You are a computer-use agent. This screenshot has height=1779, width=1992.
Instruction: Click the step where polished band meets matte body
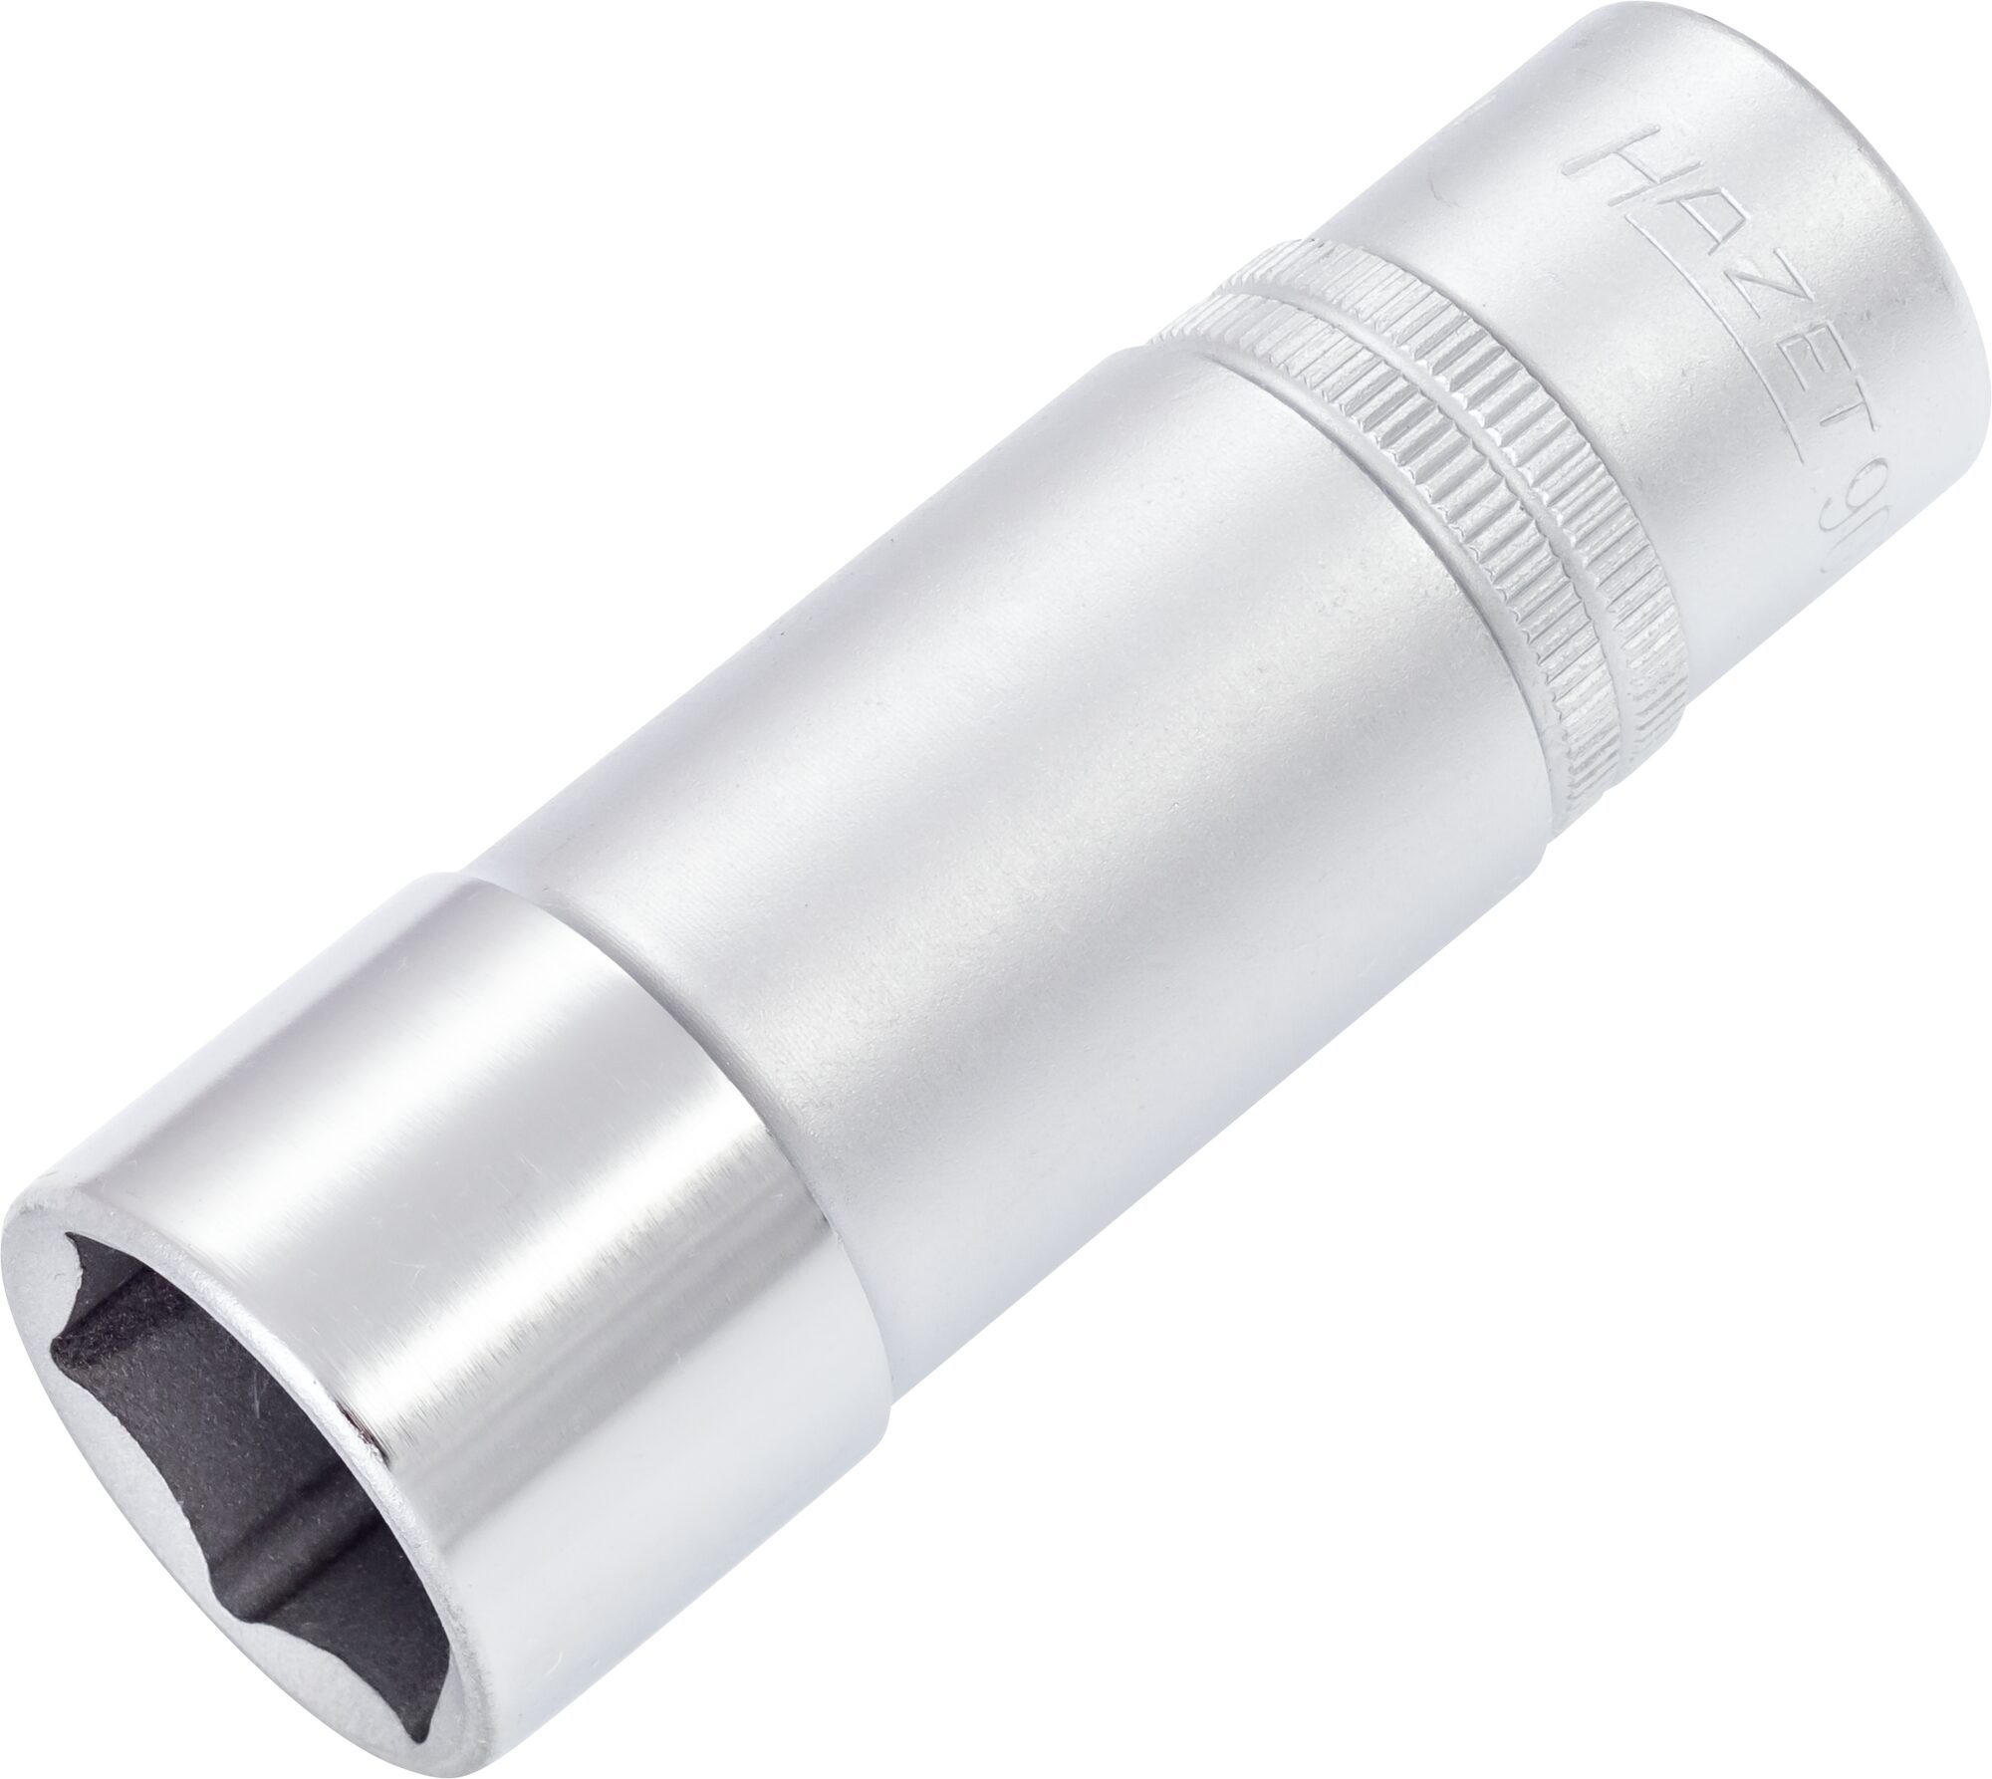point(697,1016)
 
